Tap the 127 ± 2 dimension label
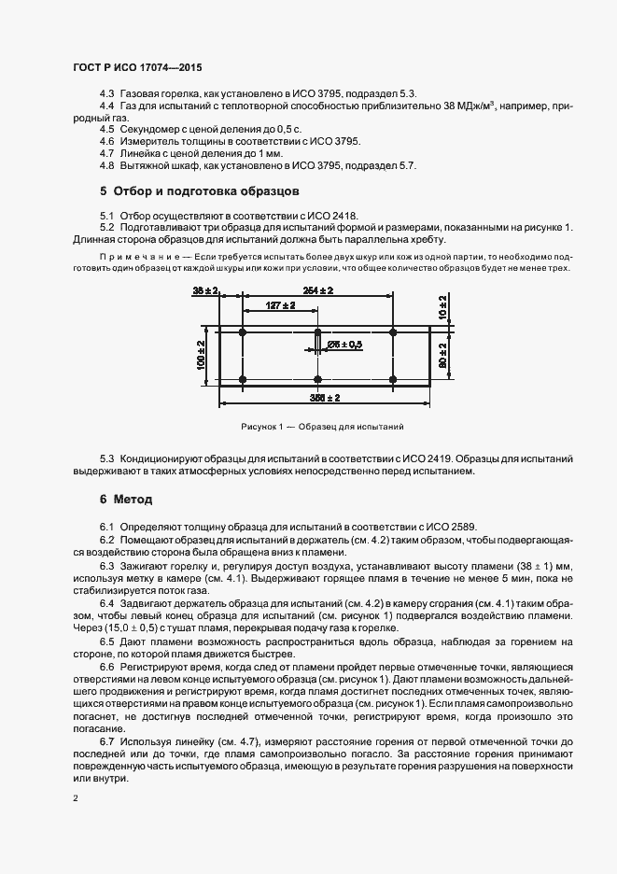click(x=280, y=305)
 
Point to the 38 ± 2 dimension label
click(x=204, y=291)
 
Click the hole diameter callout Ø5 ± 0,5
click(x=346, y=345)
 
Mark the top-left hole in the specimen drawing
click(x=243, y=332)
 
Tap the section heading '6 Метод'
click(x=125, y=500)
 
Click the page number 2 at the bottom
click(x=76, y=799)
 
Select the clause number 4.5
click(x=107, y=128)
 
